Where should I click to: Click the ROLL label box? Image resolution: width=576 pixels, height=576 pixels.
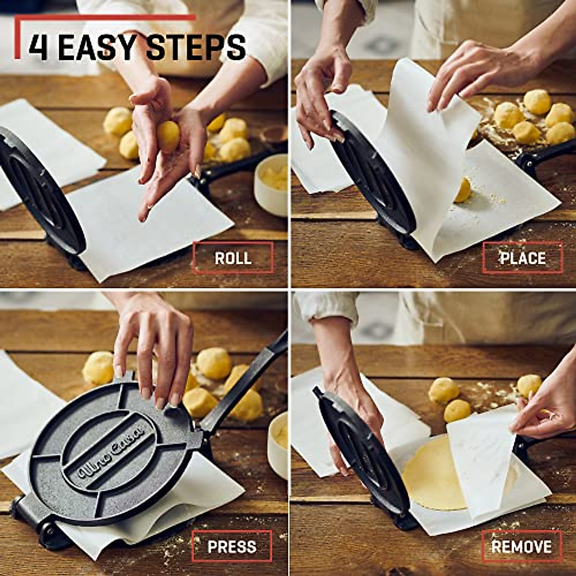[233, 258]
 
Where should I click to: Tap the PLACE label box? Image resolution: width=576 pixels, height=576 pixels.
[523, 258]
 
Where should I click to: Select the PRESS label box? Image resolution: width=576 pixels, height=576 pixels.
[232, 546]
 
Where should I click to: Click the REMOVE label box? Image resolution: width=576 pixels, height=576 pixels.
[522, 546]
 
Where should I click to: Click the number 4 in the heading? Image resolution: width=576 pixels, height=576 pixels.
[38, 47]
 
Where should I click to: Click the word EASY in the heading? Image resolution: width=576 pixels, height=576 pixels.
[99, 47]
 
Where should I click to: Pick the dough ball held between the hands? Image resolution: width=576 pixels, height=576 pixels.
[168, 136]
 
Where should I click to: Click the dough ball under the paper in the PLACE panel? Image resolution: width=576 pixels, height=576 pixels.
[463, 190]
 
